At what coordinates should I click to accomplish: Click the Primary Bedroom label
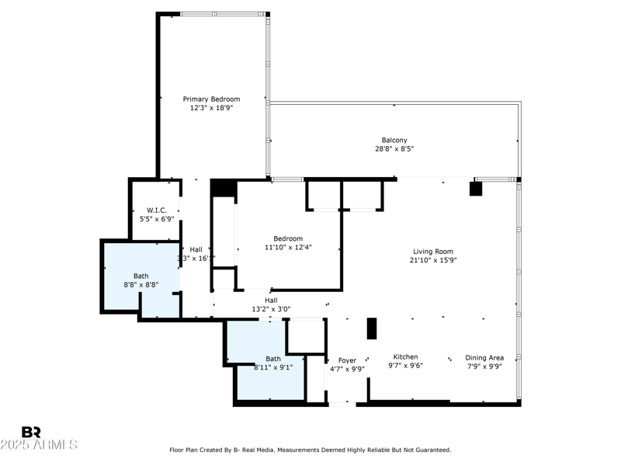click(211, 99)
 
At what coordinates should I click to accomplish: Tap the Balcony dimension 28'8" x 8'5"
click(394, 149)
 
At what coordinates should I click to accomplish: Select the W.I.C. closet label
click(158, 210)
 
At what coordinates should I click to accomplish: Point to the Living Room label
click(433, 251)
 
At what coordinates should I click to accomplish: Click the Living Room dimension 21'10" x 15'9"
click(433, 260)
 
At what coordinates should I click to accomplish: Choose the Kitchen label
click(405, 357)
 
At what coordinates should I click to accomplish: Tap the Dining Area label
click(484, 357)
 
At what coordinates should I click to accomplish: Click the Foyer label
click(347, 360)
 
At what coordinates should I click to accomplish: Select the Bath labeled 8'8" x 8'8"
click(141, 276)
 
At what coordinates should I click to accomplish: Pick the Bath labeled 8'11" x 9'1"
click(273, 359)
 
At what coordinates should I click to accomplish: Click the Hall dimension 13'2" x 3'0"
click(271, 309)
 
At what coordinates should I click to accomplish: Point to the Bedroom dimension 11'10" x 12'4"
click(288, 247)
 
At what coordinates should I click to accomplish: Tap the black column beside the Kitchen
click(371, 329)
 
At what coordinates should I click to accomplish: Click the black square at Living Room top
click(476, 189)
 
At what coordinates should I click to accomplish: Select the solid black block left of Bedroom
click(223, 189)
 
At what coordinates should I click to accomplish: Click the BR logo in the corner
click(31, 432)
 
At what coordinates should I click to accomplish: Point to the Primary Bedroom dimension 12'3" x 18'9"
click(211, 108)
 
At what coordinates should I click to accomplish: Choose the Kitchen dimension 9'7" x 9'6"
click(405, 366)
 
